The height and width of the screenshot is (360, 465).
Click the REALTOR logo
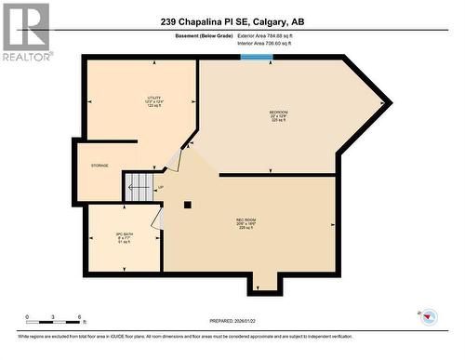pos(25,32)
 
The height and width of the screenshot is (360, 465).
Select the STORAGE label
pos(100,166)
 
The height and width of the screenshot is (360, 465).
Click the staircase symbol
pos(139,186)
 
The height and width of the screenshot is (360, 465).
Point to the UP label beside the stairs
pos(160,188)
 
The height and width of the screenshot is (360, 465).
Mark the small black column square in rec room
pos(187,204)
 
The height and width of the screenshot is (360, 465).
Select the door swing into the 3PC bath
pos(159,219)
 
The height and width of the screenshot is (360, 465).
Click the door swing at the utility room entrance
pos(174,159)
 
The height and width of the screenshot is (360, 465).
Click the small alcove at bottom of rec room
pos(264,282)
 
